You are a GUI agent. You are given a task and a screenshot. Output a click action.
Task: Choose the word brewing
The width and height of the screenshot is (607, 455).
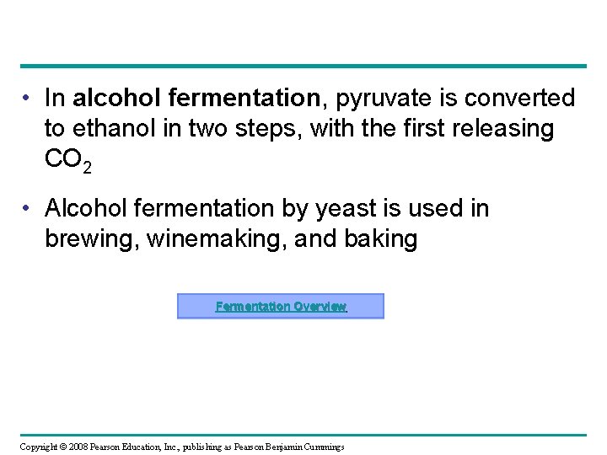pyautogui.click(x=91, y=239)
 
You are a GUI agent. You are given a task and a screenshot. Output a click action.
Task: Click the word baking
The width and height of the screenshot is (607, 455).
pyautogui.click(x=380, y=239)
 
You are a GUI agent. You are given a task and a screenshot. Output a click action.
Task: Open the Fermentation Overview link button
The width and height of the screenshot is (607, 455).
pyautogui.click(x=280, y=306)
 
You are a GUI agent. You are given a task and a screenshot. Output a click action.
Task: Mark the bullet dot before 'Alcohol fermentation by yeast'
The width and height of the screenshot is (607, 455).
pyautogui.click(x=29, y=208)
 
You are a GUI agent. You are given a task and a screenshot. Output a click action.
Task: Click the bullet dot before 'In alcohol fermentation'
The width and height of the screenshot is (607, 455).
pyautogui.click(x=29, y=99)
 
